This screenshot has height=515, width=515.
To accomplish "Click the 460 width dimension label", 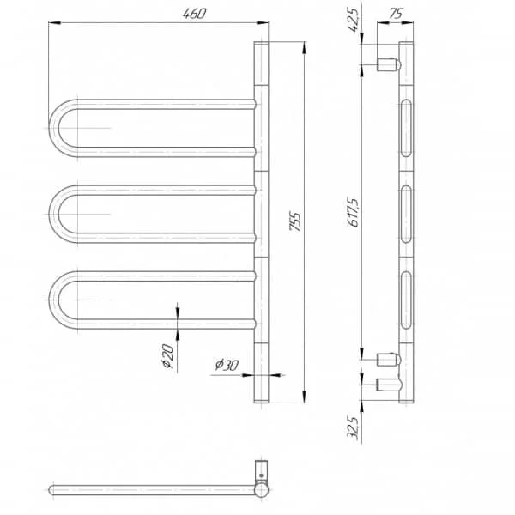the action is (195, 14).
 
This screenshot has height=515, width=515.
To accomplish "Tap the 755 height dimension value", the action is (295, 221).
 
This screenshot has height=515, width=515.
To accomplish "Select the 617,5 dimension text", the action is (354, 212).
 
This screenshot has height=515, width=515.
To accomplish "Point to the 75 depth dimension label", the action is (396, 14).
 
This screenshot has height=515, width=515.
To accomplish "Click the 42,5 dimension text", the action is (353, 20).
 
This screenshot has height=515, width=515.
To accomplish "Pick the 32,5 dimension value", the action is (353, 427).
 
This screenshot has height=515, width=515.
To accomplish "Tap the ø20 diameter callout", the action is (167, 356).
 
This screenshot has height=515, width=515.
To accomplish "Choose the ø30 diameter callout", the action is (227, 365).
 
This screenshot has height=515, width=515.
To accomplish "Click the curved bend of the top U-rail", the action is (54, 128).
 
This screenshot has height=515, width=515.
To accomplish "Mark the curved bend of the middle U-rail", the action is (54, 214).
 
